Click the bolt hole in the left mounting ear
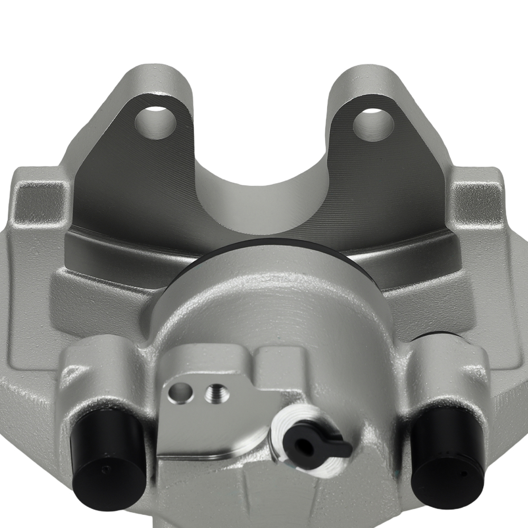pos(155,122)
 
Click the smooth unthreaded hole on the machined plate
pos(180,392)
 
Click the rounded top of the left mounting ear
pos(158,74)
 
